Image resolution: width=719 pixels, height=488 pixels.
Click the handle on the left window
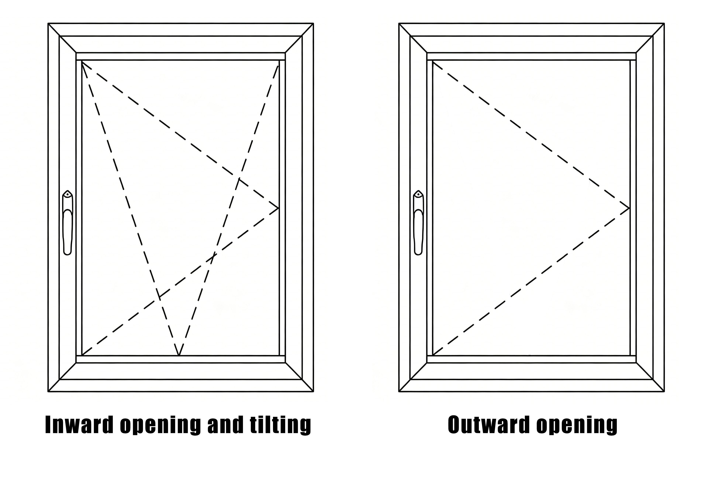68,223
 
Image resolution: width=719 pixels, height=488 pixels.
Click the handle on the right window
418,223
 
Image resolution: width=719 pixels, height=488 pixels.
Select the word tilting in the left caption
280,425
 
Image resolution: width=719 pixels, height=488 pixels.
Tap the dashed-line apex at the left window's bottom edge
179,355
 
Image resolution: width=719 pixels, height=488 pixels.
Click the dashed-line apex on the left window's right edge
279,208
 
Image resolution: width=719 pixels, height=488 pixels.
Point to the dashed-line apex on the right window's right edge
629,208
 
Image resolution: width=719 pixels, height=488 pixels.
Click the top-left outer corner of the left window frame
48,23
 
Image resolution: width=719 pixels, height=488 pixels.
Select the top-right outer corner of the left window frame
313,23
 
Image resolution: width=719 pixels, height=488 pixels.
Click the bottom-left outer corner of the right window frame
399,392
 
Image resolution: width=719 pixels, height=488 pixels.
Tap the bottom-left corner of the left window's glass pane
82,355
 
